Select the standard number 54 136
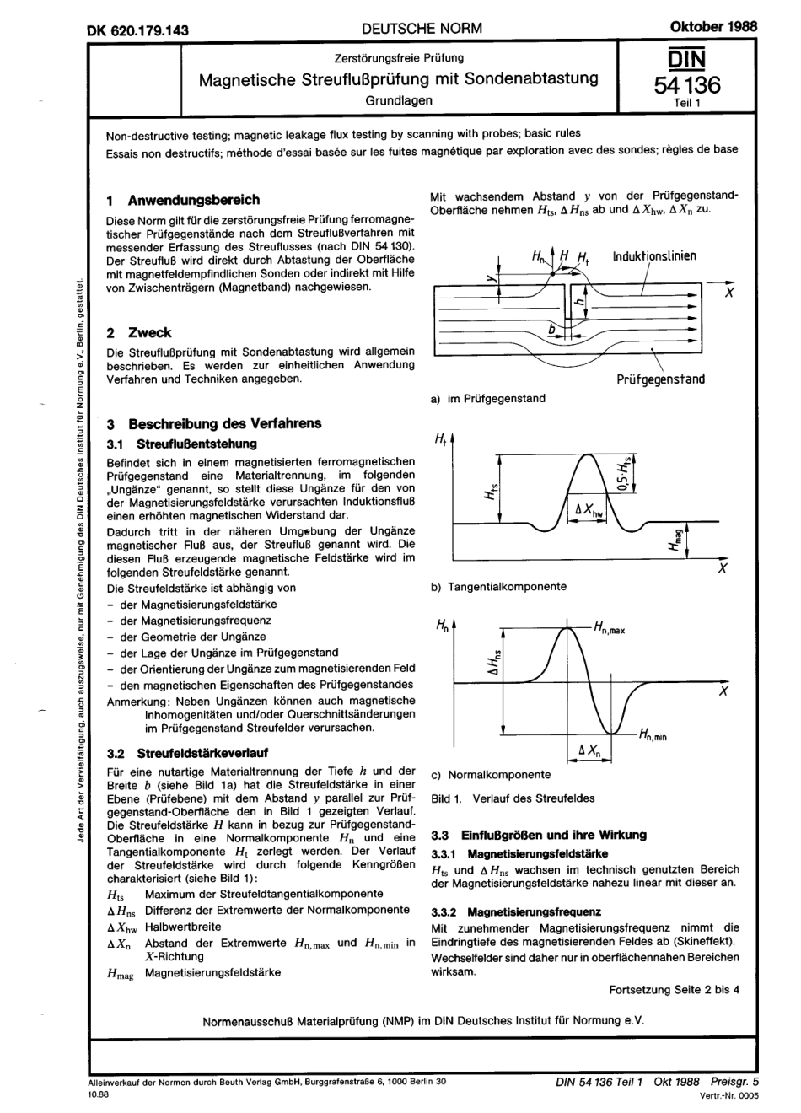[x=687, y=84]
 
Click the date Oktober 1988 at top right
[x=712, y=26]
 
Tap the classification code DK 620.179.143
[x=138, y=30]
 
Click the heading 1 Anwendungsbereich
[x=184, y=201]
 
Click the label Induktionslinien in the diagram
[x=654, y=255]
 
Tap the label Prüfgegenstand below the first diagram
[x=660, y=379]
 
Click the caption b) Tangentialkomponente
[x=498, y=586]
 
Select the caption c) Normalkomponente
[x=491, y=774]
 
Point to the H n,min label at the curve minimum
[x=653, y=735]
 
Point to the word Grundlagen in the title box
[x=399, y=100]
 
